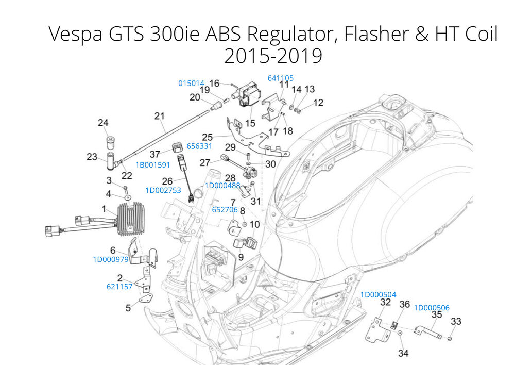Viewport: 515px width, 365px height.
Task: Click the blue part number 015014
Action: click(x=191, y=83)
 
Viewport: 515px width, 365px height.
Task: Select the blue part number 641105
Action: click(x=280, y=78)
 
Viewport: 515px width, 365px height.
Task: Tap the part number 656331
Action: click(x=199, y=146)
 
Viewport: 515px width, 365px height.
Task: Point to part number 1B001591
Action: click(x=152, y=165)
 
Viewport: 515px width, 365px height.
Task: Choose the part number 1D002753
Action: click(x=163, y=190)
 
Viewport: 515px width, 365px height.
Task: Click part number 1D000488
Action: click(x=222, y=185)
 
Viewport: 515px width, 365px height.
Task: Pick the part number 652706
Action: click(x=225, y=210)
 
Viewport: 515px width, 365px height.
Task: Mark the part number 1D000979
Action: click(x=110, y=259)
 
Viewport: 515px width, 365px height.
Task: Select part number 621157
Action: click(x=119, y=287)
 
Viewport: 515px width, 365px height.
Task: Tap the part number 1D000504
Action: click(x=378, y=294)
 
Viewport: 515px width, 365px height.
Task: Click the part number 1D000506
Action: click(x=432, y=308)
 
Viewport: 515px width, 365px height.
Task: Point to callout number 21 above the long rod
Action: click(x=159, y=116)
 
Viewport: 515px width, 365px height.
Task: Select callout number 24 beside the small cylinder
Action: click(x=103, y=123)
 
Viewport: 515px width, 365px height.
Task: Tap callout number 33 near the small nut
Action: click(x=456, y=322)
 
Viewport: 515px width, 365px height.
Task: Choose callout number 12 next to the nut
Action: click(x=318, y=103)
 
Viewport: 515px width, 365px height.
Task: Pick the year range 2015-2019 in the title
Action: click(x=273, y=56)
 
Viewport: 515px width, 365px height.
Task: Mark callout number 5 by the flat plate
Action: click(x=128, y=308)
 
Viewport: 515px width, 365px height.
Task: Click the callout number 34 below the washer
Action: click(x=403, y=353)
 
